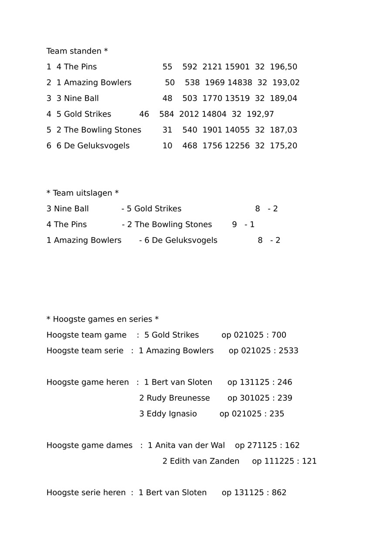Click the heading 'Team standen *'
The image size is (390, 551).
(77, 51)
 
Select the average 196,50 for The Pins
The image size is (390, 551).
(283, 67)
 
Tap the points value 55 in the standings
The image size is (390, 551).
(167, 67)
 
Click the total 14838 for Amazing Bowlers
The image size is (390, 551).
(240, 83)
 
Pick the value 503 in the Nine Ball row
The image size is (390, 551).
(190, 98)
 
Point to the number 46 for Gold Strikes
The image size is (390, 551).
(144, 114)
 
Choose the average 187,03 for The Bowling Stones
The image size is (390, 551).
(283, 130)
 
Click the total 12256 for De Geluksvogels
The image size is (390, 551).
(237, 145)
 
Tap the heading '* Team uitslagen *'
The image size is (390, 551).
(82, 193)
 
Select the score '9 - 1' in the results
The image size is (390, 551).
(243, 225)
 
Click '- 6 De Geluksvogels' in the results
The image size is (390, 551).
(178, 240)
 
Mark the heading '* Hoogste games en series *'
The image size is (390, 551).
(102, 319)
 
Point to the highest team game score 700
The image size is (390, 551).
(279, 335)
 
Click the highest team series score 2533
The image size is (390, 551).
(288, 351)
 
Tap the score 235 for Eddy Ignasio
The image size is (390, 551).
(277, 413)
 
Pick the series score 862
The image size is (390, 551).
(279, 493)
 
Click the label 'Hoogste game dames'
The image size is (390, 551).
(89, 445)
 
